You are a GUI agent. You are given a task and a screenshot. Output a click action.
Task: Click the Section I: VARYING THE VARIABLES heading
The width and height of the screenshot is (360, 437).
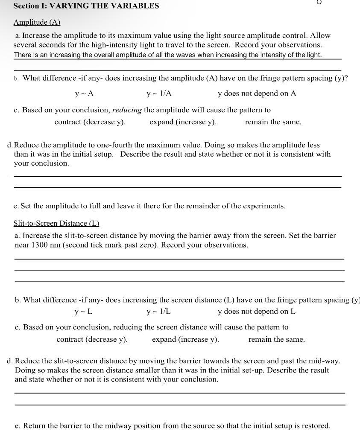pos(86,6)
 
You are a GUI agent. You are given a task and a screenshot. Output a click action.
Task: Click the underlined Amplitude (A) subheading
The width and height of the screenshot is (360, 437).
pos(37,22)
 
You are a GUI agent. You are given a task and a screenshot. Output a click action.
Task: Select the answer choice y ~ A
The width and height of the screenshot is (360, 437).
pos(84,93)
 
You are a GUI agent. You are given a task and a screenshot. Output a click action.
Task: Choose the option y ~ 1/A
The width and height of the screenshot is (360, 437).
pos(159,93)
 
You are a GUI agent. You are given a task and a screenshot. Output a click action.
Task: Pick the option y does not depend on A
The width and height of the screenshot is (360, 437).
pos(257,93)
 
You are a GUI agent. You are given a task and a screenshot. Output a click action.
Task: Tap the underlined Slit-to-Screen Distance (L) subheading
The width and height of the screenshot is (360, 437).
pos(56,223)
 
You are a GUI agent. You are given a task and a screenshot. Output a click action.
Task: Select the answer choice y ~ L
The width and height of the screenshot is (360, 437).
pos(84,312)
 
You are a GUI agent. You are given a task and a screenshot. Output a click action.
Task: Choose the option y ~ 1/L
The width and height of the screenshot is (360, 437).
pos(158,312)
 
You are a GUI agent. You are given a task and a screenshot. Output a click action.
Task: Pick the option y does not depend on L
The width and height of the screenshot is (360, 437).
pos(256,312)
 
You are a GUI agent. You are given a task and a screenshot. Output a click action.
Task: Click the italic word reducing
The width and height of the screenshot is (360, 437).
pos(127,110)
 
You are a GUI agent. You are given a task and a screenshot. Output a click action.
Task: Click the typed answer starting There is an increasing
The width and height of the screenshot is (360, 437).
pos(168,55)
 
